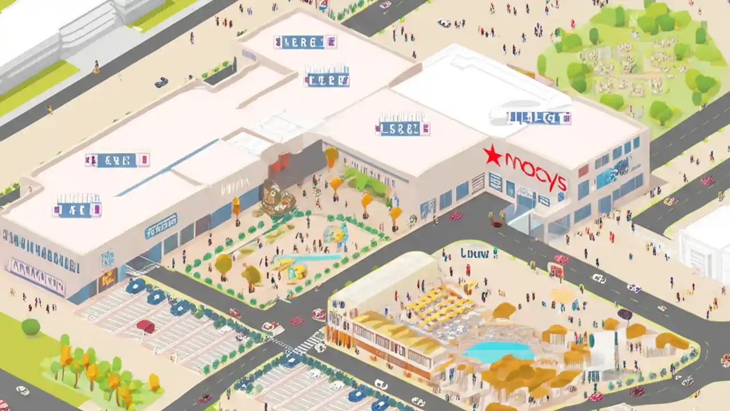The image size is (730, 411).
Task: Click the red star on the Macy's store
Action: tap(492, 155)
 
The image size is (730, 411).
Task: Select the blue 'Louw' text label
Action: tap(475, 253)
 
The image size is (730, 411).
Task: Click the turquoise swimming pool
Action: tap(498, 350)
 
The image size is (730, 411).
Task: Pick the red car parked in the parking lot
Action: tap(146, 326)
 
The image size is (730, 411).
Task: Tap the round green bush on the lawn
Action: tap(31, 327)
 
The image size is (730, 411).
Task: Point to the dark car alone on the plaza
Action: tap(161, 82)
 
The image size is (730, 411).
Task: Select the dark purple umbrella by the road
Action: tap(625, 314)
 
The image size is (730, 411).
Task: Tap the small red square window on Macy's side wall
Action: tap(583, 171)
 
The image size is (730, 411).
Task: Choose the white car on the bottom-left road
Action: tap(23, 390)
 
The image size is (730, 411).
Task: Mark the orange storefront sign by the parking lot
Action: tap(107, 280)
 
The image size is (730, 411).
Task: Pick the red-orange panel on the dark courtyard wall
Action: tap(279, 163)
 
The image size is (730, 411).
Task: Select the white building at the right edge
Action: tap(706, 243)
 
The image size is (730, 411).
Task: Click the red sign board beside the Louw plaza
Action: tap(555, 271)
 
